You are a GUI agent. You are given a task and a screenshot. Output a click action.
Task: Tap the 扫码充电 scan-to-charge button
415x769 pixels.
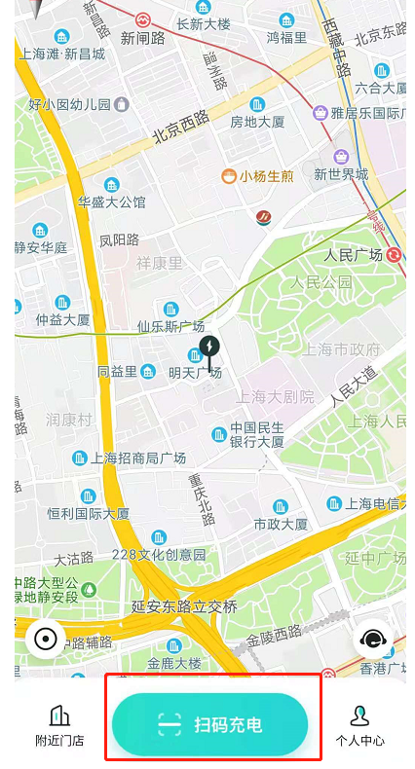[x=210, y=724]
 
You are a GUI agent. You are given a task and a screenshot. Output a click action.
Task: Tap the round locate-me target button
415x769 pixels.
[x=45, y=639]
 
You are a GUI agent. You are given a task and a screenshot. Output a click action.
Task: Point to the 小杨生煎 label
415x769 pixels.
[x=266, y=176]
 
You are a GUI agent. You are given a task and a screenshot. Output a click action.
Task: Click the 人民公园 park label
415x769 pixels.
[x=321, y=282]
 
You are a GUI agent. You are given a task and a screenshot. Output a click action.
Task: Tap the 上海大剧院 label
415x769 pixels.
[x=275, y=396]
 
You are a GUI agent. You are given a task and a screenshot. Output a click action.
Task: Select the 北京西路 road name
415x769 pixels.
[x=180, y=127]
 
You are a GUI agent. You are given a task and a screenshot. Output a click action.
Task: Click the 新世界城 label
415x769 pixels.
[x=341, y=174]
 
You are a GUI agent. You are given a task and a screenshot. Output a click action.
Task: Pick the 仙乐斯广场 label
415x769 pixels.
[x=170, y=326]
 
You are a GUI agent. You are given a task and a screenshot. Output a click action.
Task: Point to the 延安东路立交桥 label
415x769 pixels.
[x=184, y=606]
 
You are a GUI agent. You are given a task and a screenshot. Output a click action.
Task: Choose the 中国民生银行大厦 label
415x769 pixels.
[x=257, y=434]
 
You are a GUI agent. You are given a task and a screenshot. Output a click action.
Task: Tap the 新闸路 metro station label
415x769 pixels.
[x=142, y=39]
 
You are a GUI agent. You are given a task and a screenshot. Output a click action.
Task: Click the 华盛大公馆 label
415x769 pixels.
[x=111, y=201]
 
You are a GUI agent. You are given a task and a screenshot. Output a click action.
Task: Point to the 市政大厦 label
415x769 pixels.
[x=281, y=524]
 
